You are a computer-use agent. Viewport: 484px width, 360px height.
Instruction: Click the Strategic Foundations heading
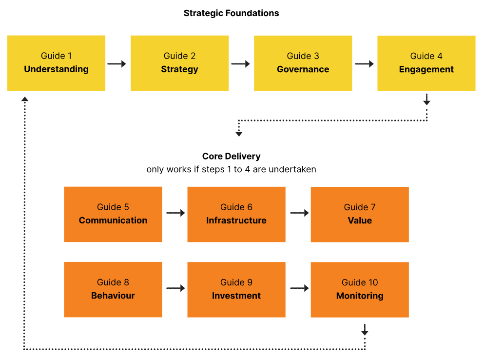click(x=231, y=13)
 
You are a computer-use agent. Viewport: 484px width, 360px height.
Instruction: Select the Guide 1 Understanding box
click(x=56, y=63)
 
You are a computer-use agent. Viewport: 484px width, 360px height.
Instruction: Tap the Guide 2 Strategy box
click(x=179, y=63)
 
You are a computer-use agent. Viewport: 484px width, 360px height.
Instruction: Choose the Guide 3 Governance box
click(x=303, y=63)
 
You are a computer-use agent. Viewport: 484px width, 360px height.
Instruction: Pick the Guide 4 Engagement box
click(x=426, y=63)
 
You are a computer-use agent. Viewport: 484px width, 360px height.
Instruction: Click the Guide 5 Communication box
click(x=113, y=214)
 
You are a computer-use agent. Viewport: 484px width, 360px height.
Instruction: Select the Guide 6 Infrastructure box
click(x=236, y=214)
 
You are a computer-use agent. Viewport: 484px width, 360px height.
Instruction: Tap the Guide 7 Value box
click(x=360, y=214)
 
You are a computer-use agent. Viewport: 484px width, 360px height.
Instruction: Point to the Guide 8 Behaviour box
click(x=113, y=289)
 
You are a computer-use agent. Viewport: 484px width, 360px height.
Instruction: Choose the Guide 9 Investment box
click(x=236, y=289)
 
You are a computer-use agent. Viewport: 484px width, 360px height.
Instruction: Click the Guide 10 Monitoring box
click(x=360, y=289)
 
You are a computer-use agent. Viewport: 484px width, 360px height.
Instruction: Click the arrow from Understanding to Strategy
click(x=117, y=64)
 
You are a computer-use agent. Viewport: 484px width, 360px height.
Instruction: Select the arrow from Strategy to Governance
click(x=241, y=64)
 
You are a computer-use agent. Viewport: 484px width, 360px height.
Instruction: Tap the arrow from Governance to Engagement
click(x=365, y=64)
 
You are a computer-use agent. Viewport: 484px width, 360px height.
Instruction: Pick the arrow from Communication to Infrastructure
click(x=175, y=213)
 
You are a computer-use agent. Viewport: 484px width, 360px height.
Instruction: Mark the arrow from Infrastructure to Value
click(x=299, y=213)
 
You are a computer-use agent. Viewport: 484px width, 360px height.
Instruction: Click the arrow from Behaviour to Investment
click(x=175, y=288)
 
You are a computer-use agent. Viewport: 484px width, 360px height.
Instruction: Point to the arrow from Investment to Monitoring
click(x=299, y=288)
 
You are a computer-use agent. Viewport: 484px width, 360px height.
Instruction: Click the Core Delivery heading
click(x=231, y=157)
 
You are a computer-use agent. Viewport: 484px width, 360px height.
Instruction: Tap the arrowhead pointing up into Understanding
click(x=25, y=99)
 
